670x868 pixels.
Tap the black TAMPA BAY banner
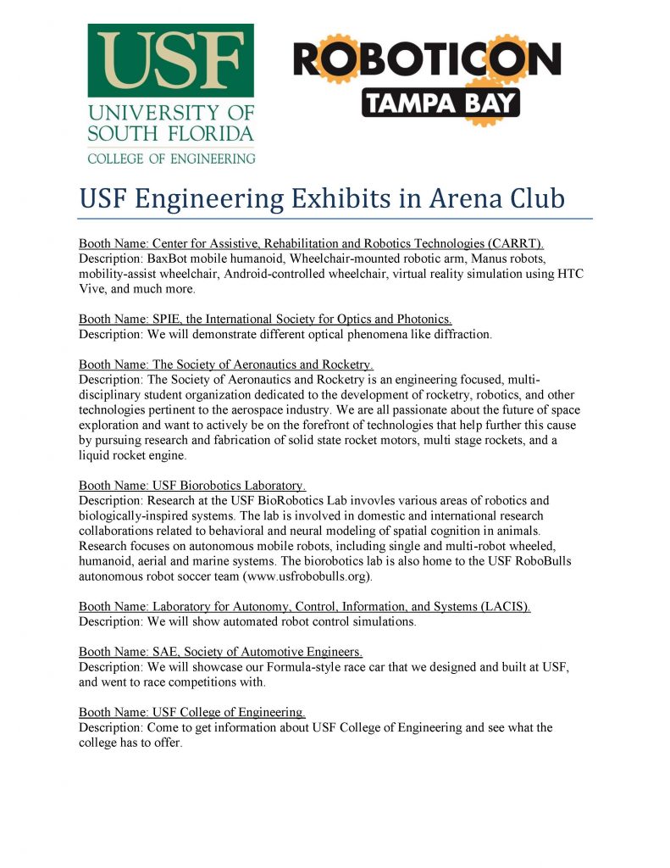(x=440, y=102)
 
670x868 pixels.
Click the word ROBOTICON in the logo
(x=426, y=59)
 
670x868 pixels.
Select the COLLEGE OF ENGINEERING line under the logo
(x=170, y=158)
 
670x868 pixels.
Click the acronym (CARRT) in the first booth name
(x=513, y=244)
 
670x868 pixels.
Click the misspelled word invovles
(x=366, y=500)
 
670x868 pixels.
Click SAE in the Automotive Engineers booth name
(x=166, y=652)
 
